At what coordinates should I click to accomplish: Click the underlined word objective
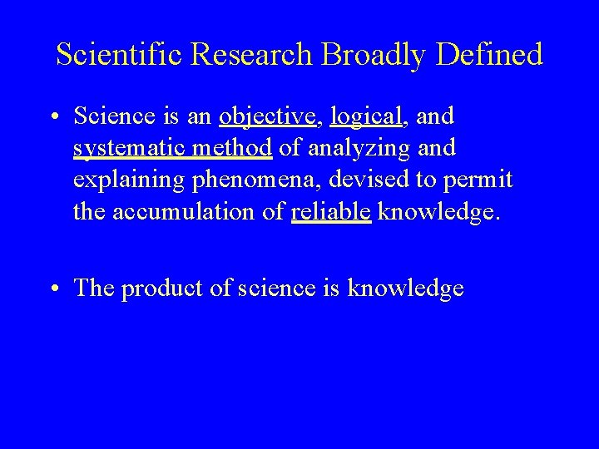[268, 117]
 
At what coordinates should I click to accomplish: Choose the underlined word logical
[366, 117]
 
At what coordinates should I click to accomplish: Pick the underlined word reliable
[331, 212]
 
